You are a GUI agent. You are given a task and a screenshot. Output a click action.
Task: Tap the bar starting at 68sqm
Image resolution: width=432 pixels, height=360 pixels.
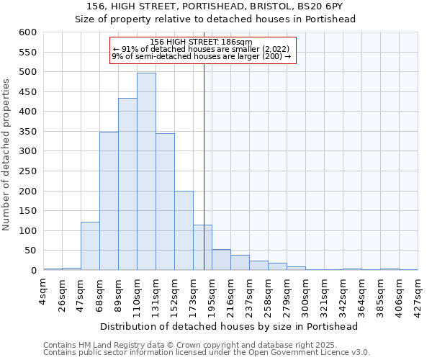(109, 201)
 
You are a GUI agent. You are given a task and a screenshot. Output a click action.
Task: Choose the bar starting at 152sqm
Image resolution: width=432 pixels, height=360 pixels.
(184, 230)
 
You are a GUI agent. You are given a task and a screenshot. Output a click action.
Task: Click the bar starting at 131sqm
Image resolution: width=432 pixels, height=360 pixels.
(165, 202)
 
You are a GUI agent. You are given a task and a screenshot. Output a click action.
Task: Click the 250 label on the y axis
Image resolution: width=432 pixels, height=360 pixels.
(27, 171)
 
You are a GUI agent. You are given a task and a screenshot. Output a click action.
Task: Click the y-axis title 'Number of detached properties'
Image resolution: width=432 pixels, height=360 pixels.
(7, 156)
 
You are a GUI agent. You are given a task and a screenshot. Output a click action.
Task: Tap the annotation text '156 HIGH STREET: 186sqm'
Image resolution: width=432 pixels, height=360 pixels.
(202, 42)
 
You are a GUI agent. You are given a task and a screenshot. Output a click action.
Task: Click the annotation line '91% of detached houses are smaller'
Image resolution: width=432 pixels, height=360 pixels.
(202, 49)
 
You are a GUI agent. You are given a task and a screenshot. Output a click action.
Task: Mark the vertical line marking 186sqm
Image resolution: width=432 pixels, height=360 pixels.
(204, 166)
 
